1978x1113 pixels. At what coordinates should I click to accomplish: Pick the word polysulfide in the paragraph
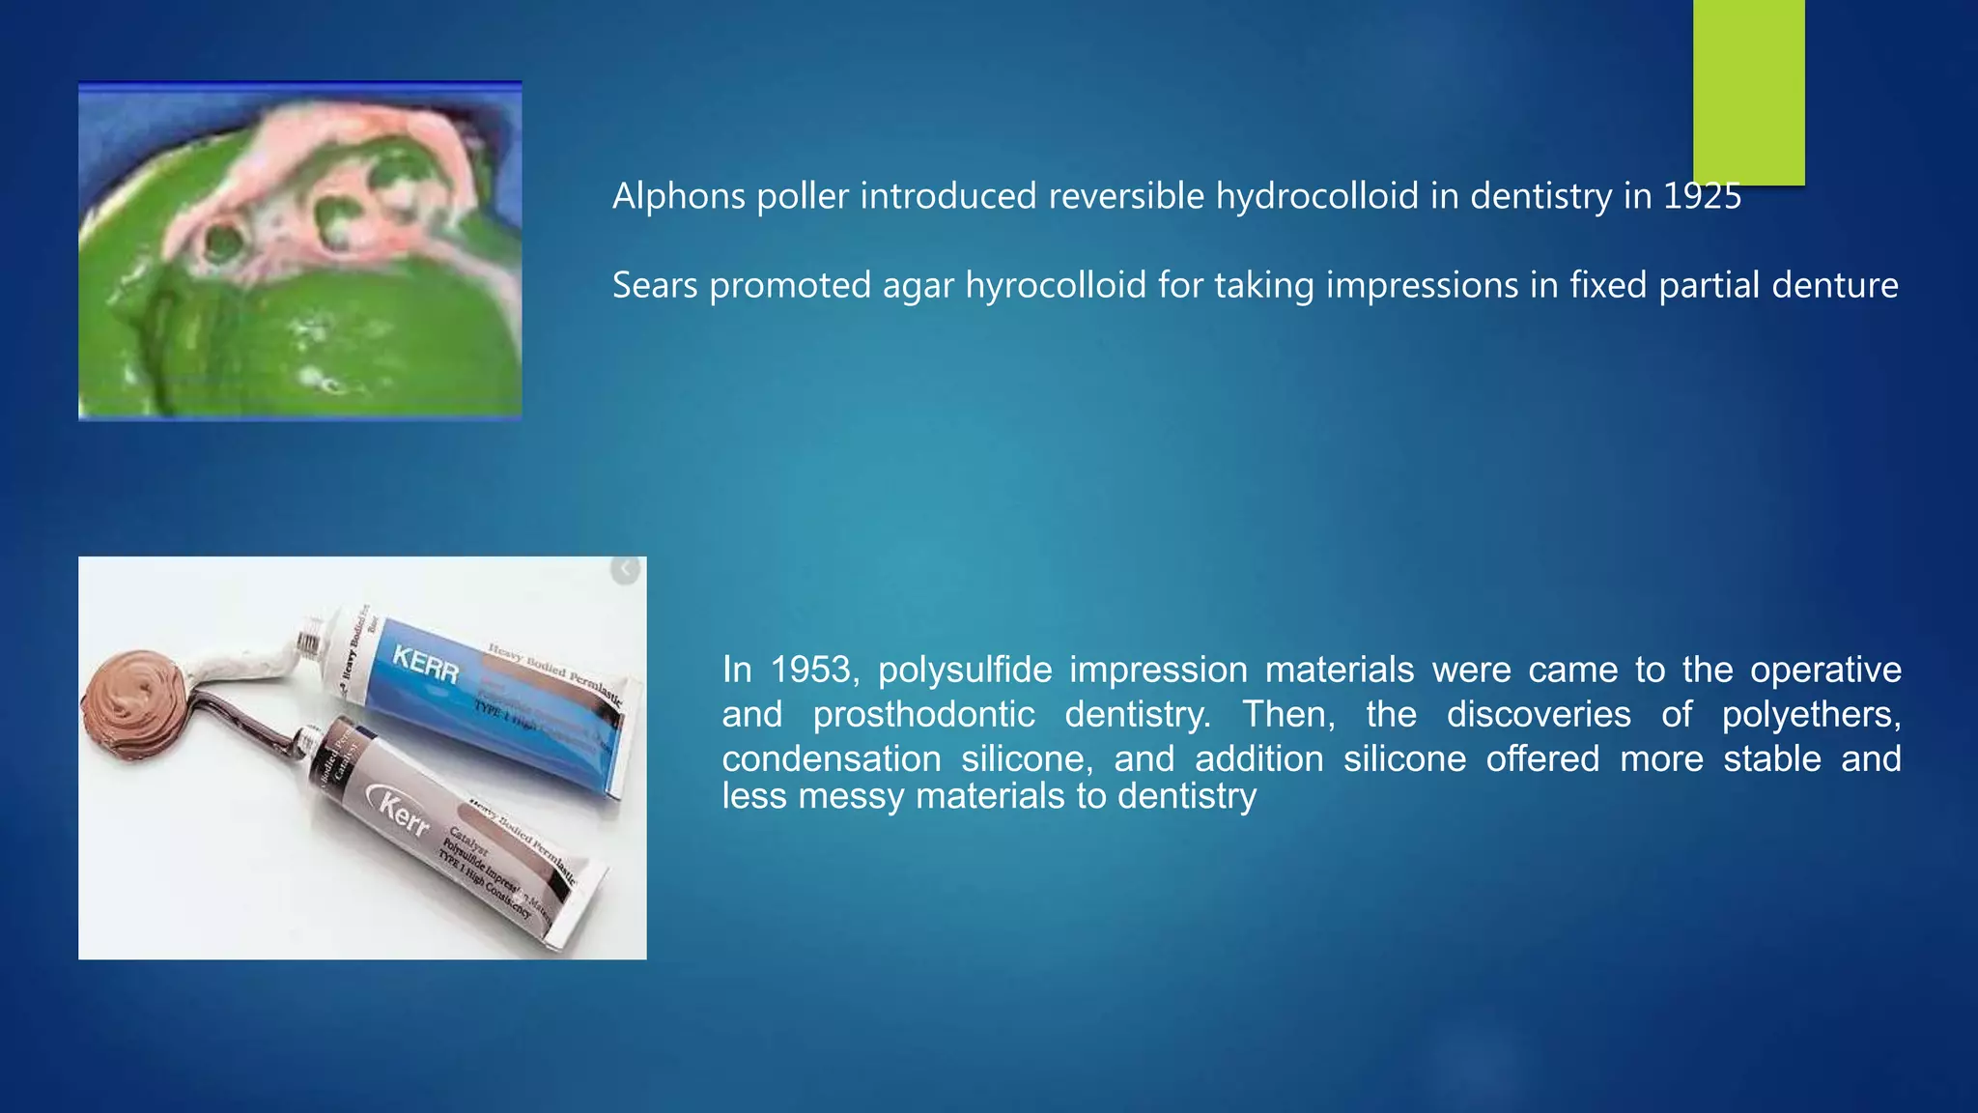965,670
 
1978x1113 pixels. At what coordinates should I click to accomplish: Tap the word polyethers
1811,715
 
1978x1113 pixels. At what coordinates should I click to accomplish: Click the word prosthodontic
923,715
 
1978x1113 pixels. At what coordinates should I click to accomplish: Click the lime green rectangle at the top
1748,92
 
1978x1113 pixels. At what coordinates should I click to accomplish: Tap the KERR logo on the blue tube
425,666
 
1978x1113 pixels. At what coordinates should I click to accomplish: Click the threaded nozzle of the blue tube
310,642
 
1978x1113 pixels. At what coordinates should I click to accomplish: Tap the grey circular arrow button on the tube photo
626,570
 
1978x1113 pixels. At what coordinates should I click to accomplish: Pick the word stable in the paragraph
1771,759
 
